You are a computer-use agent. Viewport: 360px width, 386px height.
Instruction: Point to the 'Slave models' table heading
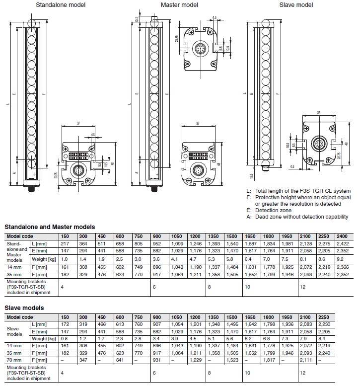point(24,308)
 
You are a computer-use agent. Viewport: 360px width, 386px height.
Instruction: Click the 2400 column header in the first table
point(342,235)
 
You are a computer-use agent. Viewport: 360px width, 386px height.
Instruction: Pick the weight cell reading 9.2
point(340,259)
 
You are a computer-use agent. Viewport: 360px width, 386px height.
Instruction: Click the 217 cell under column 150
point(64,244)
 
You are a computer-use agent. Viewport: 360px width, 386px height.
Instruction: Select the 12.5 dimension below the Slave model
point(251,176)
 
